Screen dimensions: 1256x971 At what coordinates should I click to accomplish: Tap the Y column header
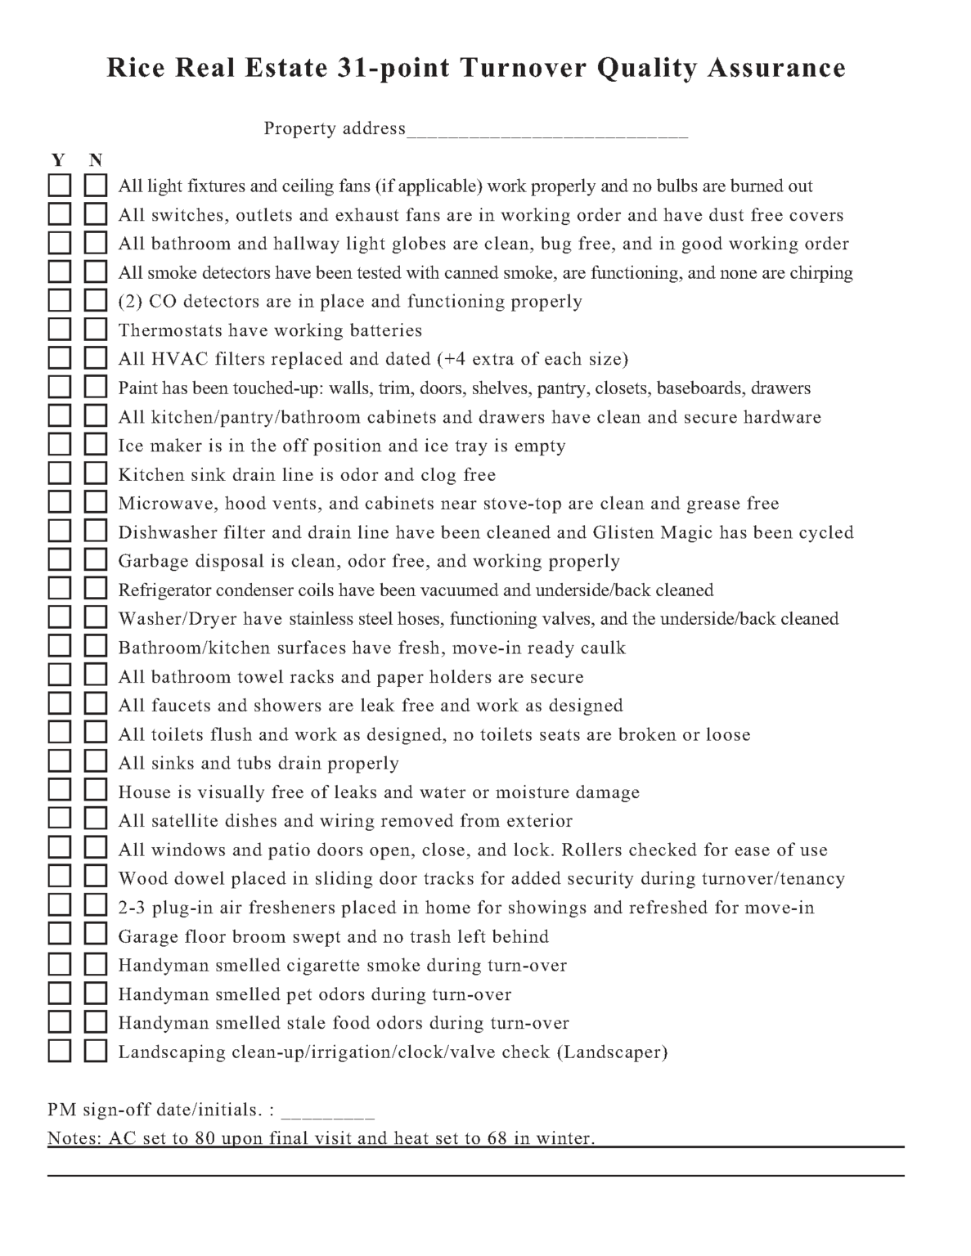point(58,159)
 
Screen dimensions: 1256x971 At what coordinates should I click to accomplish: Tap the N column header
point(96,159)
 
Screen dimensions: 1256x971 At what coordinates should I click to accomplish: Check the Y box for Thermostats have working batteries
point(59,330)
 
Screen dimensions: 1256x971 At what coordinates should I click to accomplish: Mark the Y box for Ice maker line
point(59,445)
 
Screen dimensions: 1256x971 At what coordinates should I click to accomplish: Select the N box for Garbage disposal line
point(96,560)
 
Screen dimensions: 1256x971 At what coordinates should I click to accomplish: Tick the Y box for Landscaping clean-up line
point(59,1051)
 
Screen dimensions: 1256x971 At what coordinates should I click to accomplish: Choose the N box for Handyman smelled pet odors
point(96,994)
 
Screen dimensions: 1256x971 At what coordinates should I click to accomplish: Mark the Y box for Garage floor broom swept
point(59,935)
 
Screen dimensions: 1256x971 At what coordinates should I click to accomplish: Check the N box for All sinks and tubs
point(96,762)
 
